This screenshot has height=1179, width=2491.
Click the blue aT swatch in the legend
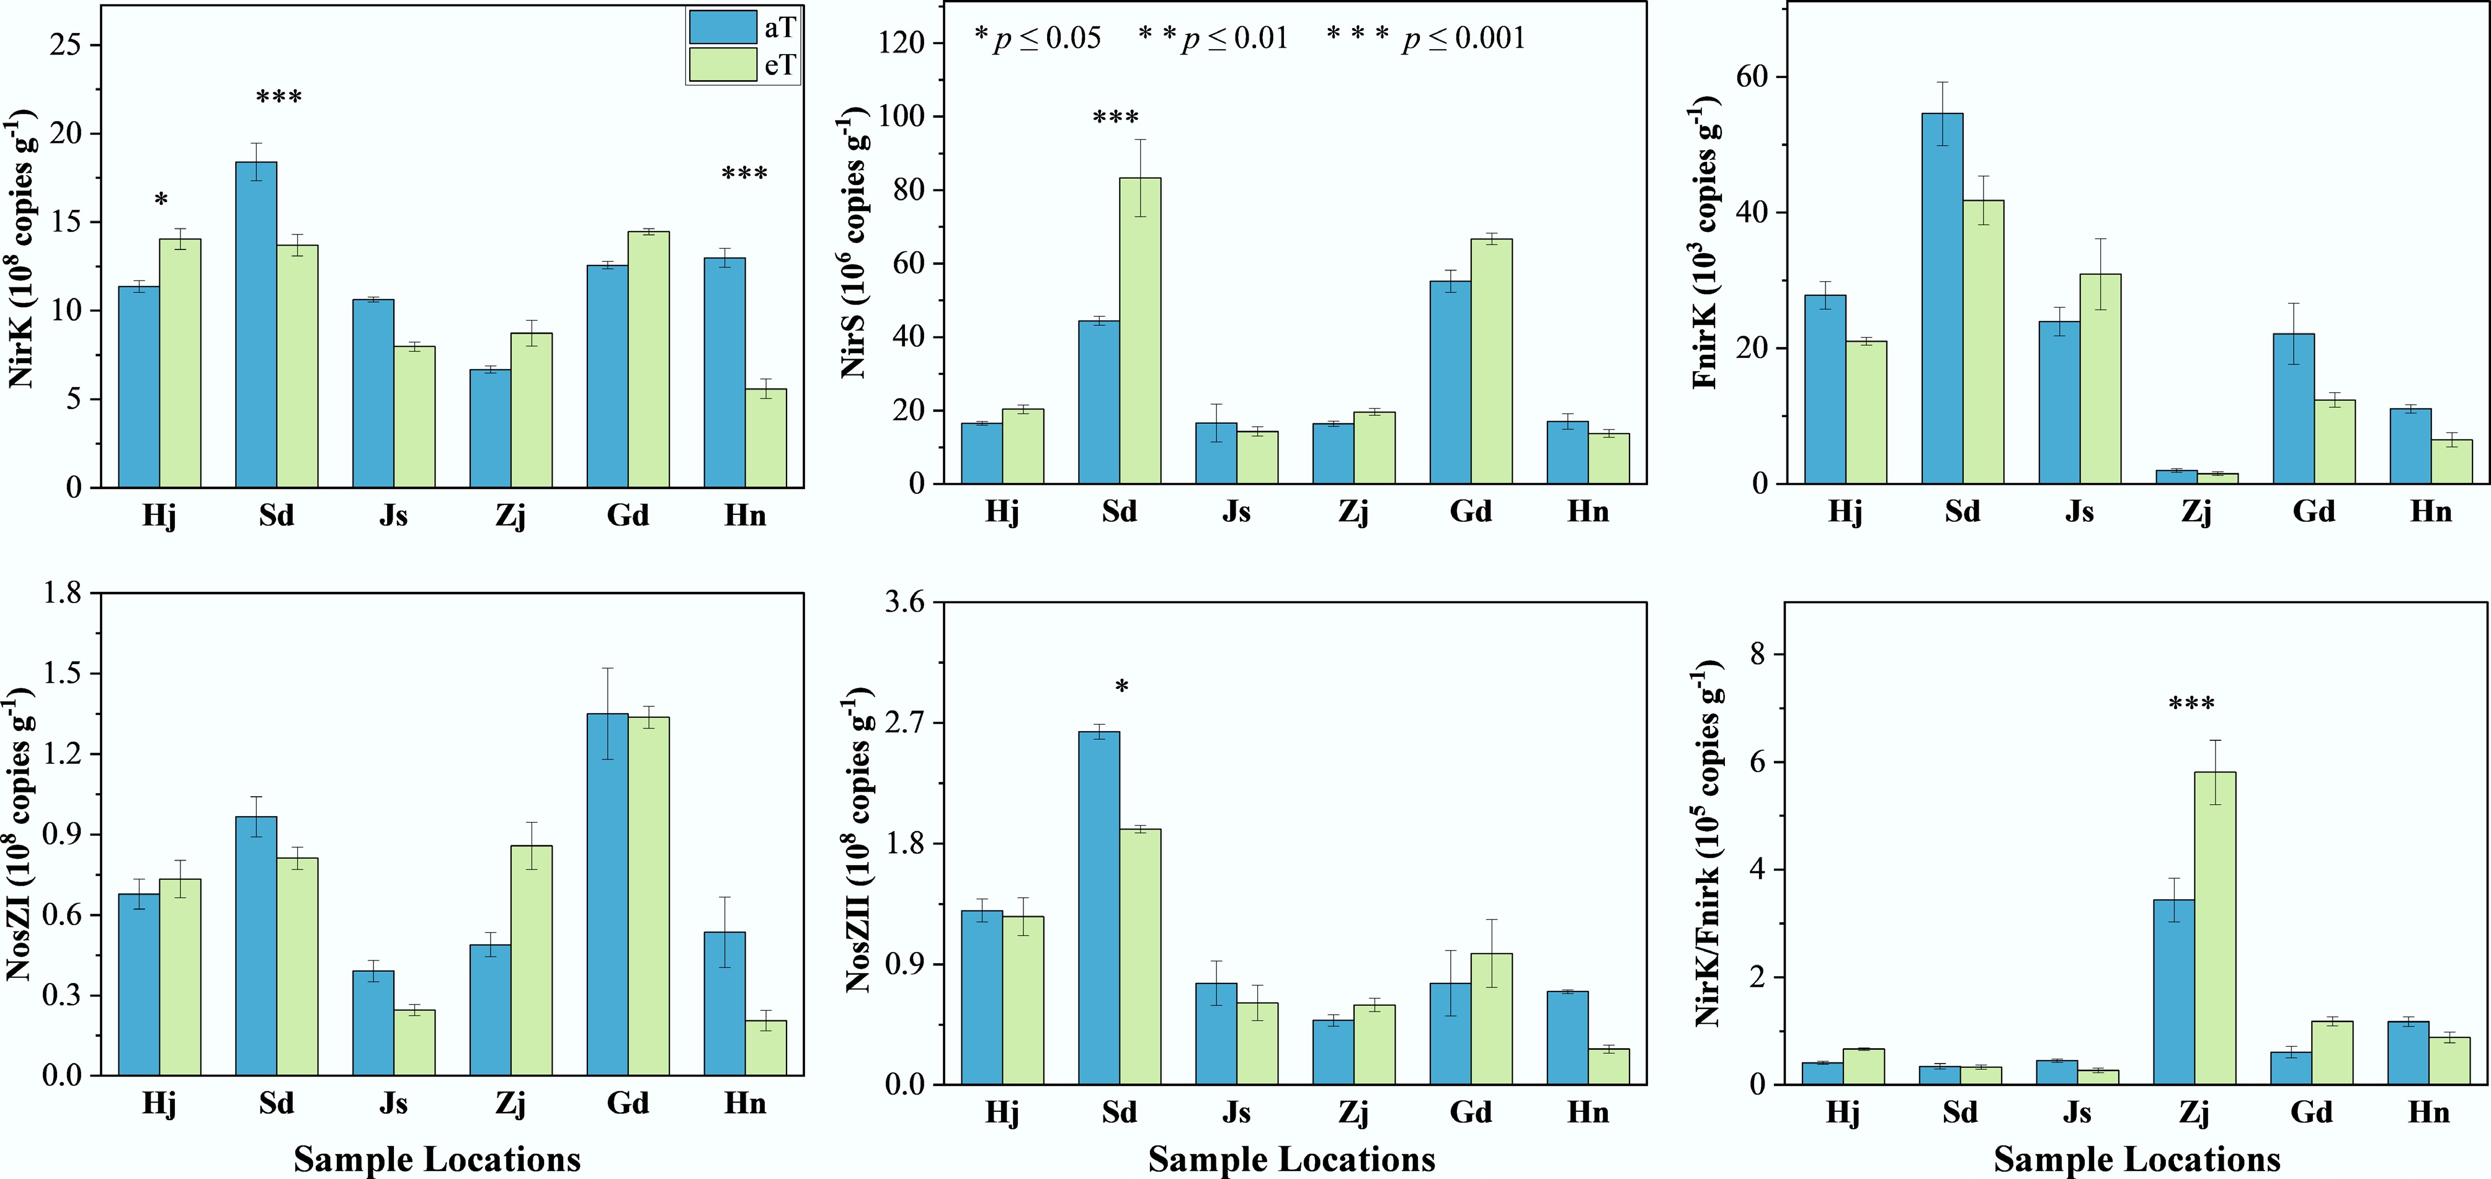[723, 27]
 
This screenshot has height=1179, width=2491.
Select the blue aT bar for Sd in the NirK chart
[256, 324]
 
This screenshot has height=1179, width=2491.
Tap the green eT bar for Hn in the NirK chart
[766, 437]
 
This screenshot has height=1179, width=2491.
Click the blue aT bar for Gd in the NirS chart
[1451, 382]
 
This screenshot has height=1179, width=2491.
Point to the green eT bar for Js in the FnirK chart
[2100, 378]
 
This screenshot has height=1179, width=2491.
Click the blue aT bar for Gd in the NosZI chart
[607, 895]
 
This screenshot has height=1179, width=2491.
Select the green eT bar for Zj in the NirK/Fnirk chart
[2214, 928]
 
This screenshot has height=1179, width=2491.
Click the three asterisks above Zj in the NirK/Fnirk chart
[2192, 704]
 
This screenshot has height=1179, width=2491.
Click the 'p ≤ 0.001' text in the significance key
[1464, 38]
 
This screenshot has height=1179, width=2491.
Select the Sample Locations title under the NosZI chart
[437, 1159]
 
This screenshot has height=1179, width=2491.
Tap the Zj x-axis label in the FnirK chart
[2196, 512]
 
